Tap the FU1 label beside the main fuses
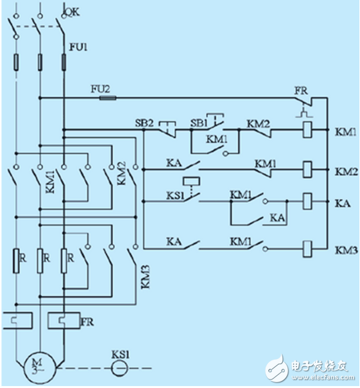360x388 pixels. (x=76, y=47)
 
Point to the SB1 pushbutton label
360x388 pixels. (x=196, y=121)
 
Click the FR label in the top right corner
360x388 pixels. (x=302, y=89)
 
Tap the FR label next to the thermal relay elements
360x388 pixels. (x=87, y=321)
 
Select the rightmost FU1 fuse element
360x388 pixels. (x=64, y=62)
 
